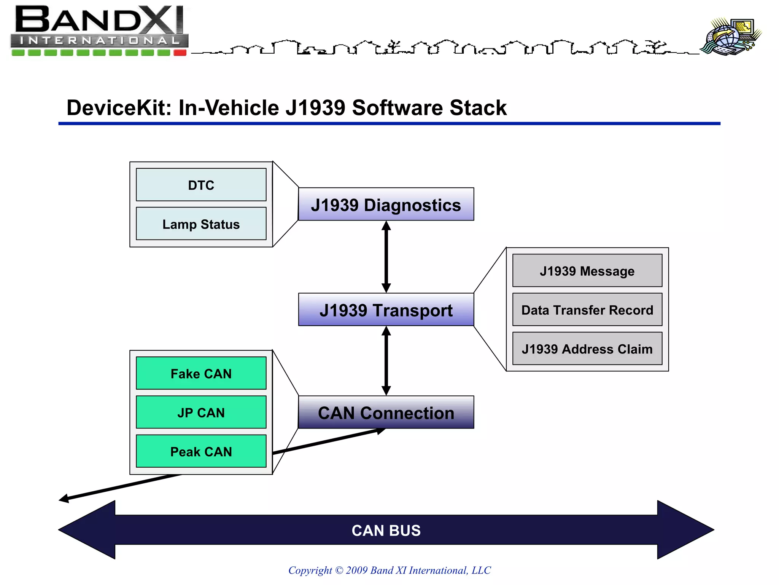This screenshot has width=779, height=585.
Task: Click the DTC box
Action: pos(201,185)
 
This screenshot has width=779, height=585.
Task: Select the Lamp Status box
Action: pos(201,224)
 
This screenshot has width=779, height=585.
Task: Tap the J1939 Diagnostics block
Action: pos(386,205)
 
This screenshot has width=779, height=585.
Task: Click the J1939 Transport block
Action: pos(386,310)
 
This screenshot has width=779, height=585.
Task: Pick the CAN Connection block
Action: pos(386,412)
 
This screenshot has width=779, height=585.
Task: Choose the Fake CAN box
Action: pos(201,373)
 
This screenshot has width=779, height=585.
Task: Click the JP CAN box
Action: pos(201,412)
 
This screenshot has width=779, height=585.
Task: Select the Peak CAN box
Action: pos(201,451)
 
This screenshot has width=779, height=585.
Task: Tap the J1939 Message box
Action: pos(587,271)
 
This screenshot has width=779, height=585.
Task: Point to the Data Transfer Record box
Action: pos(587,310)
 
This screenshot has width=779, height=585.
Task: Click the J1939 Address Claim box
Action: pos(587,349)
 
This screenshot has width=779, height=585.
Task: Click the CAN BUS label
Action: pos(386,530)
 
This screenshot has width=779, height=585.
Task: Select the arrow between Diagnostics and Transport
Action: pos(386,257)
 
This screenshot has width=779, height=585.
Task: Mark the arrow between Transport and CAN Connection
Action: pos(386,361)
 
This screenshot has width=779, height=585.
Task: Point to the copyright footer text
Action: pos(389,570)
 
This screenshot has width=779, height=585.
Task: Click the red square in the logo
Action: pos(180,53)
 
